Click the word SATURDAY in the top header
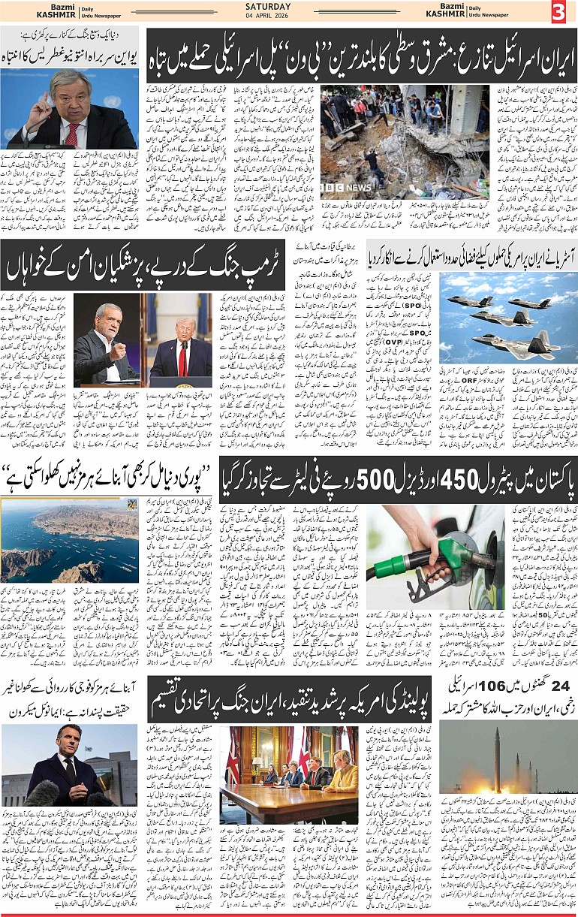pos(288,8)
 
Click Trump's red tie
pos(181,357)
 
